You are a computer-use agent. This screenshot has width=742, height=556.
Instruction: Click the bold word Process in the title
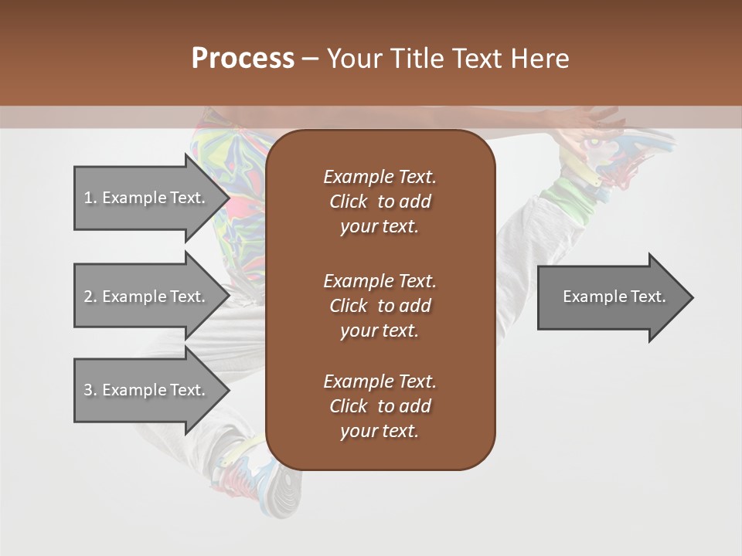click(243, 59)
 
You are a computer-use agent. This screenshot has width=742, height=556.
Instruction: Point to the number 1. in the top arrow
click(90, 198)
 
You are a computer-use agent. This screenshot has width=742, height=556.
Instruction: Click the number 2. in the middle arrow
click(90, 297)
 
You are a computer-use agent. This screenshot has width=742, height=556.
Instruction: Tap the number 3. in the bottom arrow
click(90, 390)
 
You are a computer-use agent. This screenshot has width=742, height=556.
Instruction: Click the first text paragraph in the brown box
click(380, 202)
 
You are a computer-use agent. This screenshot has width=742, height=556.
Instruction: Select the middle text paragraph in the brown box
click(380, 306)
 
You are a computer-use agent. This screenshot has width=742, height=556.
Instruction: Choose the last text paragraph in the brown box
click(380, 406)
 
